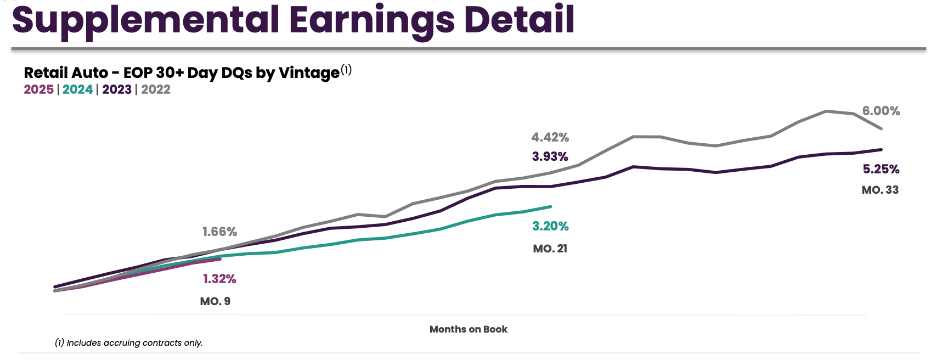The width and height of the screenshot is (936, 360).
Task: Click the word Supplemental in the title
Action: click(x=145, y=20)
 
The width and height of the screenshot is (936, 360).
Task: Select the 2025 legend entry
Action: click(x=38, y=89)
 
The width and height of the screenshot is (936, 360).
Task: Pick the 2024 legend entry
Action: click(x=77, y=89)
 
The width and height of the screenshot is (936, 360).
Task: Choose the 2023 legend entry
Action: click(x=117, y=89)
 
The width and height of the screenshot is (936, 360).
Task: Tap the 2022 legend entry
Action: click(x=156, y=89)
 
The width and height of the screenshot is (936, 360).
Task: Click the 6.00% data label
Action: click(x=881, y=111)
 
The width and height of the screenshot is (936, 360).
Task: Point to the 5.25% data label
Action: click(x=881, y=169)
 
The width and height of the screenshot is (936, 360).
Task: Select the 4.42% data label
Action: click(x=550, y=137)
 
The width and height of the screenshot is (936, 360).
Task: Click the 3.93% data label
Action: click(x=550, y=156)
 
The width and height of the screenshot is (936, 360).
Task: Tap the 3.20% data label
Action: click(x=550, y=226)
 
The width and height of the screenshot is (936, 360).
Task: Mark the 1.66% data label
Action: click(x=220, y=232)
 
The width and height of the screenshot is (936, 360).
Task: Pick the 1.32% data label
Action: click(x=219, y=279)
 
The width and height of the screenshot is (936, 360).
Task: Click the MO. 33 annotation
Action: click(x=880, y=190)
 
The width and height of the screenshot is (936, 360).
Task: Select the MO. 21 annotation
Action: click(x=550, y=249)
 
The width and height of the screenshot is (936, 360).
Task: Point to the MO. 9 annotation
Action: click(x=215, y=301)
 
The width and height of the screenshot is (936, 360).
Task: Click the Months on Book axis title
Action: click(x=469, y=329)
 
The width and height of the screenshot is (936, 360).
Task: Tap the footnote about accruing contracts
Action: click(x=129, y=343)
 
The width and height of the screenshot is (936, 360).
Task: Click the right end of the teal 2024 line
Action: click(x=550, y=206)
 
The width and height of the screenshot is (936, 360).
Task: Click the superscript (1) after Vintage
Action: click(x=346, y=70)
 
